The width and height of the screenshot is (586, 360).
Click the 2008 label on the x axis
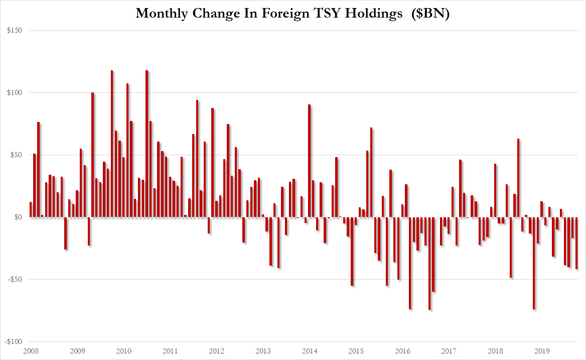pyautogui.click(x=31, y=351)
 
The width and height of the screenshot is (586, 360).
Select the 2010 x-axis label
pyautogui.click(x=123, y=351)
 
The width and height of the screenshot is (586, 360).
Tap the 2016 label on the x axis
pyautogui.click(x=402, y=351)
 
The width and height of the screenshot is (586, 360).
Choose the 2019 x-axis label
pyautogui.click(x=542, y=351)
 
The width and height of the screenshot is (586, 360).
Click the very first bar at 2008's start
pyautogui.click(x=31, y=209)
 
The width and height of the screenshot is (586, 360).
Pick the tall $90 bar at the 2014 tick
pyautogui.click(x=310, y=161)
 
